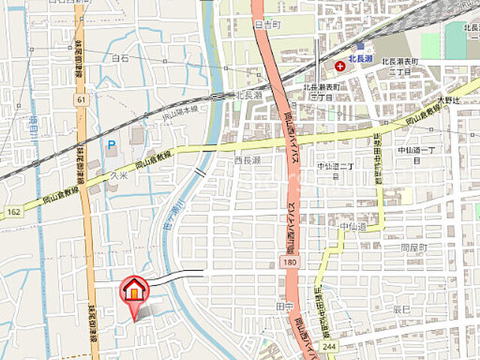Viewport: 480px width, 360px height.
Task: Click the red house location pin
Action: point(134,290)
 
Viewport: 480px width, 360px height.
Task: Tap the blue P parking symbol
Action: point(112,144)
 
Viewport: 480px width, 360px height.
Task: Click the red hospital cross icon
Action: point(340,66)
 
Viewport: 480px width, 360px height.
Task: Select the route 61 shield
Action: point(81,98)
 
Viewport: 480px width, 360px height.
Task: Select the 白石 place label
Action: point(120,58)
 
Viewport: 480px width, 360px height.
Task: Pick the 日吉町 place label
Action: point(265,25)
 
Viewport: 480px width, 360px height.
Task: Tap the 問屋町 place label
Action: point(413,247)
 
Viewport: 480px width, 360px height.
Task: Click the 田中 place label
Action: point(284,307)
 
